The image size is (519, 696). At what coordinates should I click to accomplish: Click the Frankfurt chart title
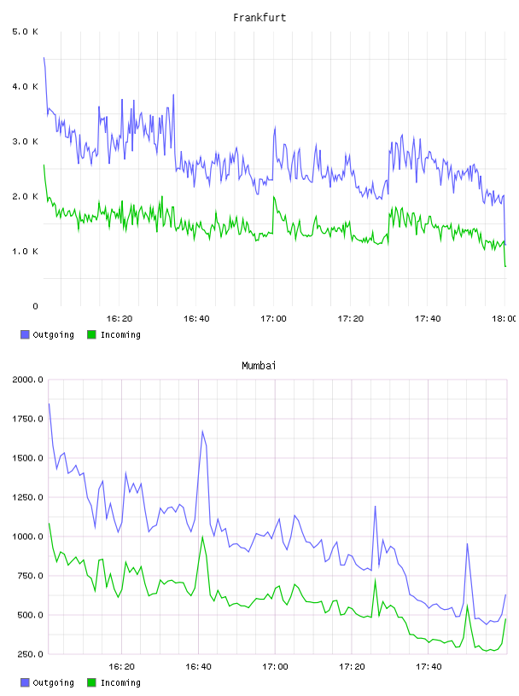click(259, 18)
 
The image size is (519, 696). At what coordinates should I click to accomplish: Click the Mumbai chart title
click(259, 366)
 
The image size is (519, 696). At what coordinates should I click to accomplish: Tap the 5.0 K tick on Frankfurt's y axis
click(25, 32)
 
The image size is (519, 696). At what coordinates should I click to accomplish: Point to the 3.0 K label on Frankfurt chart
click(25, 142)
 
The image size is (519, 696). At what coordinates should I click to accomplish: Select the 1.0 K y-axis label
click(25, 252)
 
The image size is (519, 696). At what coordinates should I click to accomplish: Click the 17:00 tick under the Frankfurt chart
click(273, 318)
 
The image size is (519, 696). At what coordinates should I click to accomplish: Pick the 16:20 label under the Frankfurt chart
click(120, 318)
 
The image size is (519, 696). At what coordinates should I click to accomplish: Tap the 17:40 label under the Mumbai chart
click(429, 666)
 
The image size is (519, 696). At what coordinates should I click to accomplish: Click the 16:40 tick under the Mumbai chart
click(198, 666)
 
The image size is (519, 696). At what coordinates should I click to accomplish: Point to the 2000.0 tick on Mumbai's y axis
click(27, 380)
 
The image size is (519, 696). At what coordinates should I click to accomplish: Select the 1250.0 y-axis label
click(27, 497)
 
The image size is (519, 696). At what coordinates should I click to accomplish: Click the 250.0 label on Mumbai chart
click(30, 654)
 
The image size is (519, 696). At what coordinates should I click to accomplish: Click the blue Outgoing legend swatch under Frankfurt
click(25, 334)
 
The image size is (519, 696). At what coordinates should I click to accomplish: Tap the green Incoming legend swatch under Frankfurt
click(91, 334)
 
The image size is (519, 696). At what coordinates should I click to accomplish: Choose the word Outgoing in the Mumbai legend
click(53, 682)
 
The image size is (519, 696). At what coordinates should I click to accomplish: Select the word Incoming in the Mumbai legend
click(120, 682)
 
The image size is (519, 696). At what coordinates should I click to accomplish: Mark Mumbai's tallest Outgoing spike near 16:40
click(202, 431)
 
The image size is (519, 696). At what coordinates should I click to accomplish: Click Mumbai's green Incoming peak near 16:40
click(202, 536)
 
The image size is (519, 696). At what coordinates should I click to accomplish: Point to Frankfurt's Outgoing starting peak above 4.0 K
click(44, 58)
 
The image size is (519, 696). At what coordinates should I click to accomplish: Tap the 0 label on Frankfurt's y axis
click(35, 306)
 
